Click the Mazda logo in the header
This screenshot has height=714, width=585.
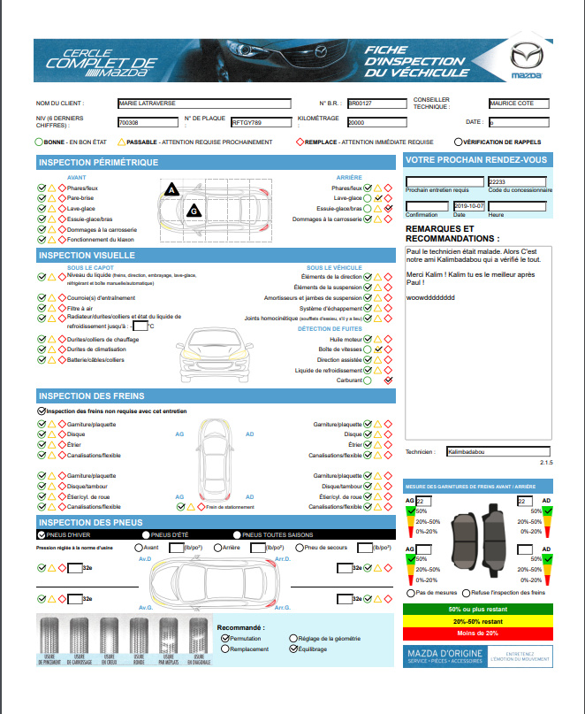point(527,61)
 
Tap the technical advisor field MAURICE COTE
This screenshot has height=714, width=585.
point(524,104)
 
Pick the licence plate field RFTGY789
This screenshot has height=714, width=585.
point(261,122)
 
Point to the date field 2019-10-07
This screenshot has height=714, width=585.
point(468,205)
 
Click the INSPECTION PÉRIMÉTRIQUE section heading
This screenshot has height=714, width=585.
point(99,162)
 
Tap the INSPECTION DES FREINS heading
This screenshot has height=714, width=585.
point(92,395)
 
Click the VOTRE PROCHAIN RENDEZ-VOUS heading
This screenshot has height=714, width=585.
point(475,160)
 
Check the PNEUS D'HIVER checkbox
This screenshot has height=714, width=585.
point(42,534)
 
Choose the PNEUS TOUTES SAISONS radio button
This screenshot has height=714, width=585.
point(237,534)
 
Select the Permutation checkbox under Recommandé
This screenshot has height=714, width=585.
point(224,637)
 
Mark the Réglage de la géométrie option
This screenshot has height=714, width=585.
point(294,637)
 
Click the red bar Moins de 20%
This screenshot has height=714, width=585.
point(477,633)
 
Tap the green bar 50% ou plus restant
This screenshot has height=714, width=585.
point(477,610)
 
